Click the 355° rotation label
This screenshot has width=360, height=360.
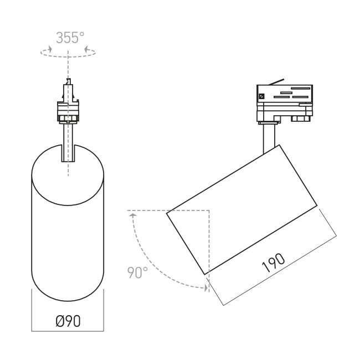click(70, 38)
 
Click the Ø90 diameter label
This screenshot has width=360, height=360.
click(68, 321)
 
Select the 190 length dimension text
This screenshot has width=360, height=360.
click(273, 263)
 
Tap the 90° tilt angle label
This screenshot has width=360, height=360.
click(137, 272)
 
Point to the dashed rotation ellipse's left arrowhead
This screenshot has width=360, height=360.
click(50, 49)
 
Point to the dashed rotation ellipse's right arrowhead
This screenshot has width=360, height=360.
click(86, 49)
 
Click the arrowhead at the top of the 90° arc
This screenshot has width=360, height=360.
click(133, 215)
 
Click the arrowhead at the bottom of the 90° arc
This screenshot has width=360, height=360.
click(206, 287)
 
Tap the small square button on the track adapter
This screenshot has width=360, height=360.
click(262, 96)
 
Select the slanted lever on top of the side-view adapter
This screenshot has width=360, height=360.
click(277, 82)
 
